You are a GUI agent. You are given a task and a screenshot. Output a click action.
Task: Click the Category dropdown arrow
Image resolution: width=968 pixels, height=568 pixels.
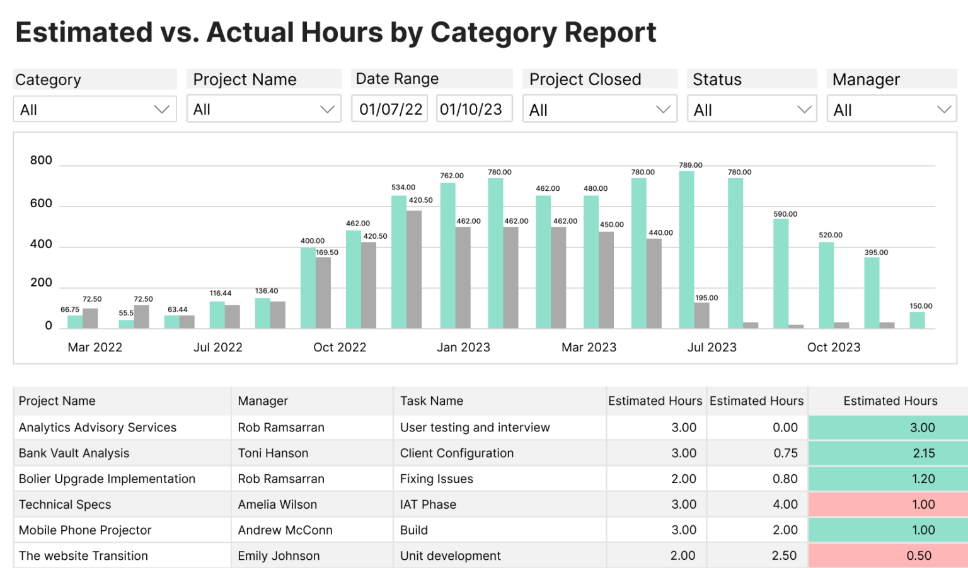click(x=162, y=110)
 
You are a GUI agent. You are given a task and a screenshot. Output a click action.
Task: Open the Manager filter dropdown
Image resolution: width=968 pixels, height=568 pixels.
click(x=891, y=110)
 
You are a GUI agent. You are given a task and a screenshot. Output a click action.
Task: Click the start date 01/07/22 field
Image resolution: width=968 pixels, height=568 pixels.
click(x=390, y=110)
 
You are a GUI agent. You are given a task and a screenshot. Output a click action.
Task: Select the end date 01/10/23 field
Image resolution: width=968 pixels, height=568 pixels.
click(x=471, y=110)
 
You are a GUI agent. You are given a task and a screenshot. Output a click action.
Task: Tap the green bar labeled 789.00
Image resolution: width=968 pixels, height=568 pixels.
click(x=686, y=249)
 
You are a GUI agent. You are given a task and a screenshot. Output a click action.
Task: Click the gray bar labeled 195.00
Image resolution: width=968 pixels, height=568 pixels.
click(x=701, y=315)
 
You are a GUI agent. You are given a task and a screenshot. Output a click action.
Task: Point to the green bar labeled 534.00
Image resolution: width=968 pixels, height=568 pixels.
click(x=399, y=261)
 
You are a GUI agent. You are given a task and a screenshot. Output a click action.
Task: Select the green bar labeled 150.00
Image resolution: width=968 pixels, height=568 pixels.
click(x=917, y=320)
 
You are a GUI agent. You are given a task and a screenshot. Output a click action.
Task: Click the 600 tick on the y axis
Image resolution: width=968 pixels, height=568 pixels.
click(x=42, y=203)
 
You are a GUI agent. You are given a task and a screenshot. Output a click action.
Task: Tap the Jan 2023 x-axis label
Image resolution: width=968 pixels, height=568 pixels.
click(x=463, y=347)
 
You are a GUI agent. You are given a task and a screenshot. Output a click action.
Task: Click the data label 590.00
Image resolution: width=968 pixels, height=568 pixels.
click(x=785, y=214)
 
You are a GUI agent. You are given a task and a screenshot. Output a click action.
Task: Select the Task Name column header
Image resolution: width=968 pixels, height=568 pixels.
click(x=432, y=401)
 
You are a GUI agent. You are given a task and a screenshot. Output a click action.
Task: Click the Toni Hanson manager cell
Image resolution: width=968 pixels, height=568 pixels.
click(x=273, y=453)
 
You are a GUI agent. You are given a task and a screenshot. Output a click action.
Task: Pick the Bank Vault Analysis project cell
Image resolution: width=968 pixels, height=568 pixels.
click(x=74, y=453)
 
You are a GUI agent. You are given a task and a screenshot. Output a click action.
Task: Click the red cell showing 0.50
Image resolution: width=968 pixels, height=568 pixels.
click(x=889, y=555)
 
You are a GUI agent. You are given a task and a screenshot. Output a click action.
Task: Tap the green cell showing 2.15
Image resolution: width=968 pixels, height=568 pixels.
click(x=889, y=453)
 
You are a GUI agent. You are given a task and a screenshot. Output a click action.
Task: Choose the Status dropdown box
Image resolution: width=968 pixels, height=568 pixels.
click(x=752, y=110)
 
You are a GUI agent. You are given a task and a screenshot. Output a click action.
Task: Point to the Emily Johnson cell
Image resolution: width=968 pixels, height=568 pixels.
click(x=279, y=555)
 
